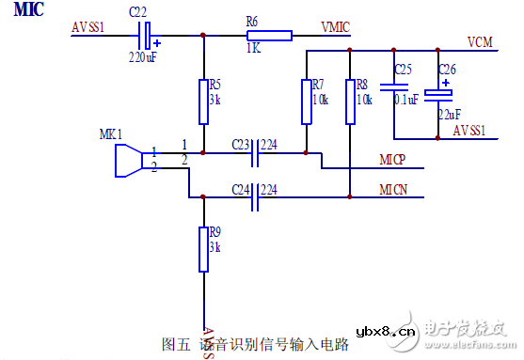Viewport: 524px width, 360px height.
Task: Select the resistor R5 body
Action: coord(203,102)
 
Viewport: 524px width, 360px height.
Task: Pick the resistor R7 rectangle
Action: coord(307,102)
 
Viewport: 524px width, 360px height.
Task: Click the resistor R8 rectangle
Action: coord(349,102)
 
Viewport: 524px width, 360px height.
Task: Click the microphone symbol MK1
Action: coord(126,159)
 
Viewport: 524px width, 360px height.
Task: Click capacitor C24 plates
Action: coord(254,197)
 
